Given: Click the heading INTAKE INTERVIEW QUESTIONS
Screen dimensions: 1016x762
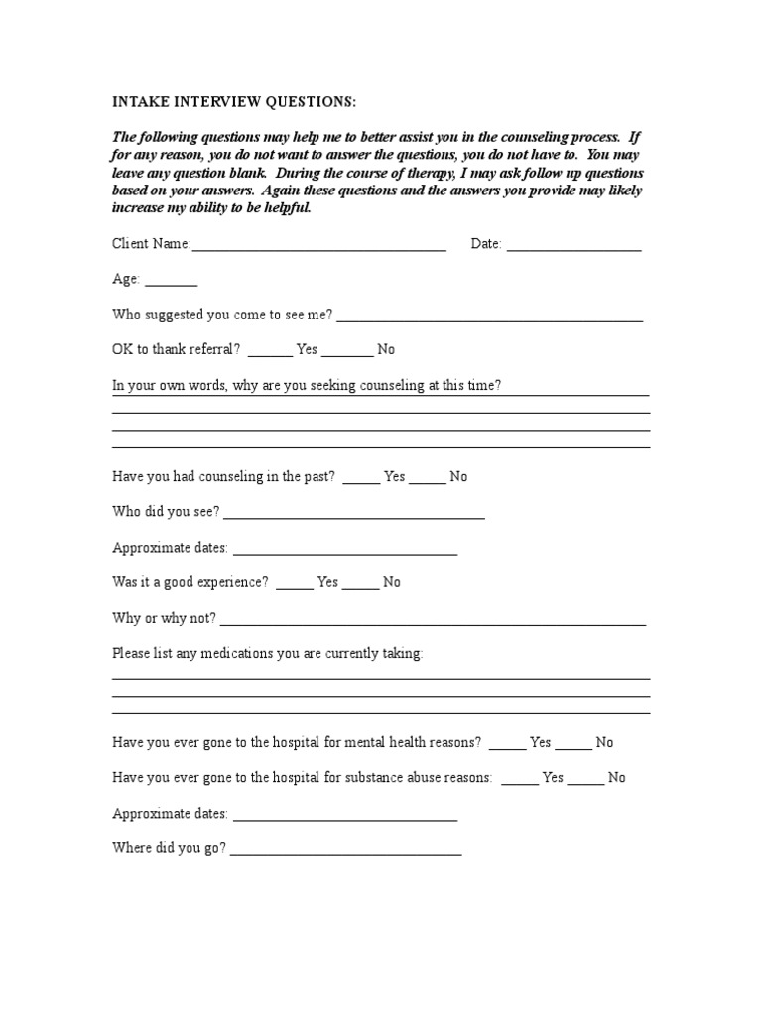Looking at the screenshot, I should (233, 103).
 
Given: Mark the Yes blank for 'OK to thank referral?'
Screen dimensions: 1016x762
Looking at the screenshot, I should (270, 353).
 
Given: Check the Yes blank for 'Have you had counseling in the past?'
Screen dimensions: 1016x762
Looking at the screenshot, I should (361, 480).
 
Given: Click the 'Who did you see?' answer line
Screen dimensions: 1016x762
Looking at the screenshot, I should (354, 516).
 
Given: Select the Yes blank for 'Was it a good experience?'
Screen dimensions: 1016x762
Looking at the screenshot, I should (295, 586).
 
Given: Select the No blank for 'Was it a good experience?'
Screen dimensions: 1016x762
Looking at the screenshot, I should (361, 586).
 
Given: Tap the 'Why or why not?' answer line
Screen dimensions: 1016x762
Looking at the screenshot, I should (433, 622).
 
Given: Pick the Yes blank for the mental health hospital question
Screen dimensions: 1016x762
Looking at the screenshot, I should (507, 746).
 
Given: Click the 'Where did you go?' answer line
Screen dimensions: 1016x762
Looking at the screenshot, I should (345, 852).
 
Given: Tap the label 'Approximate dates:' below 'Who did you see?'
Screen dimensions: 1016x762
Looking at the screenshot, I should (170, 547).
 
